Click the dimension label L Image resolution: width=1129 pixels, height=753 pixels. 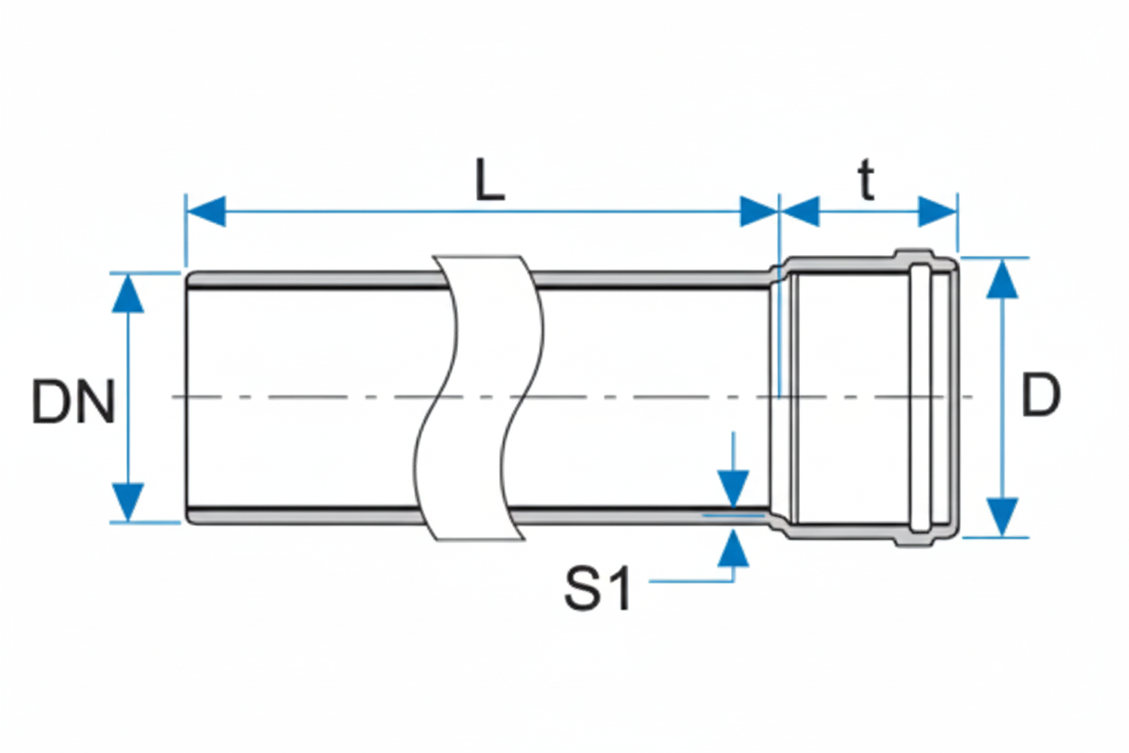(489, 184)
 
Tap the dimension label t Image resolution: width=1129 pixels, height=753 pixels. (867, 183)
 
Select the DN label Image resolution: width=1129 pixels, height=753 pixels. (73, 403)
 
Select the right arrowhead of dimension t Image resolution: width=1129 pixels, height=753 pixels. (937, 212)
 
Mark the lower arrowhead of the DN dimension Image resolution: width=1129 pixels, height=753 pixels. (128, 501)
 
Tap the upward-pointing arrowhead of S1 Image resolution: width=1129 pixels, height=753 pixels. (734, 548)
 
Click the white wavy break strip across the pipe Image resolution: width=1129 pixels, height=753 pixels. (479, 398)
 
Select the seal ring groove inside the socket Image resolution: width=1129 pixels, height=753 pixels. (919, 398)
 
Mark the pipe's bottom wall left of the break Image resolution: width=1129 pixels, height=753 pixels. (308, 515)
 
